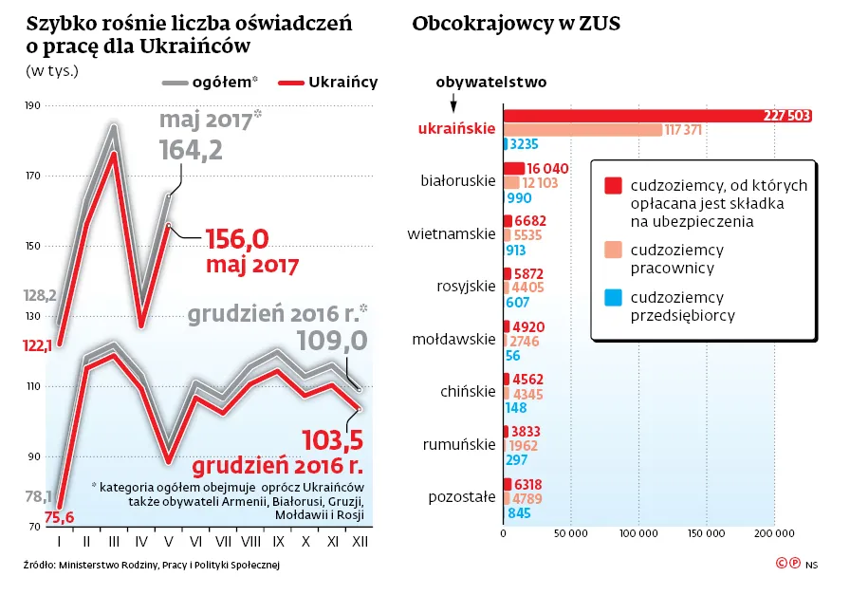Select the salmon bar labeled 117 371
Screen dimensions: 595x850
tap(582, 129)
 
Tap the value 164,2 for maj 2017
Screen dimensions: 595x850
tap(191, 150)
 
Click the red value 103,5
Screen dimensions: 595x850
tap(333, 440)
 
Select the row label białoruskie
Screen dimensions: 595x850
tap(458, 180)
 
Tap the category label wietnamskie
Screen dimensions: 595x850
tap(452, 233)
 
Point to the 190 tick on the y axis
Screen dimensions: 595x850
tap(33, 105)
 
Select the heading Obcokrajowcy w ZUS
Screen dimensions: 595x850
tap(516, 25)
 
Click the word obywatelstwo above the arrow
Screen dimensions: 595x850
tap(490, 82)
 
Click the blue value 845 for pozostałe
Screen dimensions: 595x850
tap(519, 513)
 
